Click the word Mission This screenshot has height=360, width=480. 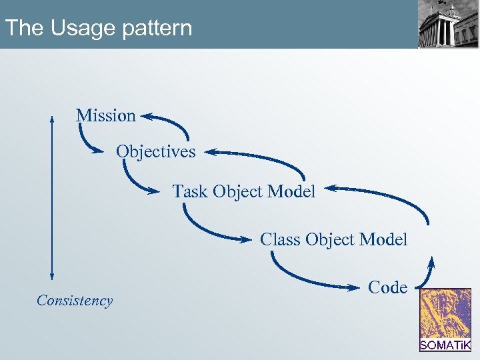[x=105, y=115]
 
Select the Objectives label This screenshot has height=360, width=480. [x=156, y=152]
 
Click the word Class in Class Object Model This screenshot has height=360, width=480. [x=280, y=239]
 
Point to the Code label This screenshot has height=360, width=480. [x=387, y=287]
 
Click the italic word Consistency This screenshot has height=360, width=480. [x=75, y=301]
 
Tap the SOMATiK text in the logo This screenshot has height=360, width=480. [x=445, y=345]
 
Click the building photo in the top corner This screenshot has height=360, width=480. [x=448, y=25]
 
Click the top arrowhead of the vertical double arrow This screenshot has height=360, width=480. [x=52, y=119]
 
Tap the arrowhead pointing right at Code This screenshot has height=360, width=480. [x=354, y=287]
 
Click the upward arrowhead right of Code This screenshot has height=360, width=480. [x=432, y=261]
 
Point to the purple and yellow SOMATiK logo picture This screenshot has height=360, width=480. [x=445, y=313]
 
